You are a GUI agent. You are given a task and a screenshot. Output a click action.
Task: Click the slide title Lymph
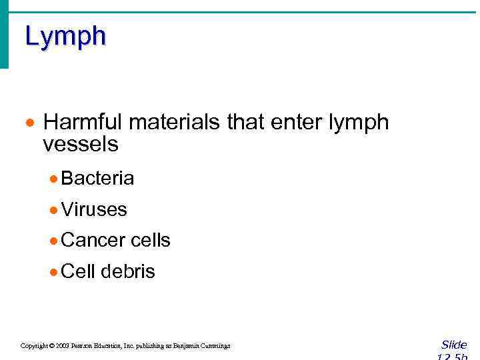click(x=65, y=37)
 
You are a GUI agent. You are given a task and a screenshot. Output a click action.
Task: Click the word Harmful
click(x=83, y=123)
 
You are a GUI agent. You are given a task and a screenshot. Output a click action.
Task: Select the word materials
click(x=175, y=123)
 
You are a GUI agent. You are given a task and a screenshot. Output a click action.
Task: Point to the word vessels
click(x=80, y=143)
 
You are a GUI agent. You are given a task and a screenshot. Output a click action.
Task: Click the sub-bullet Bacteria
click(x=97, y=178)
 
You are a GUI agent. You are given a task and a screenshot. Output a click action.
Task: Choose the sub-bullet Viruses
click(x=93, y=209)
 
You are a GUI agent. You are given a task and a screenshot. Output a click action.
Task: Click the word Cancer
click(x=93, y=240)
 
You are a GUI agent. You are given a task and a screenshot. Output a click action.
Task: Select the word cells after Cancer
click(x=151, y=240)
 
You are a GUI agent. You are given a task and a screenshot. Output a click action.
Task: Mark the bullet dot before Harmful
click(x=29, y=124)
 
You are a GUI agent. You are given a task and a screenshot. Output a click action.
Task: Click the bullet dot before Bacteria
click(x=53, y=179)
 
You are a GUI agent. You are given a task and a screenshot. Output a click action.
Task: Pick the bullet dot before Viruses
click(x=53, y=210)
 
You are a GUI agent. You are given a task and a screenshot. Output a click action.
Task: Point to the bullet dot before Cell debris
click(x=53, y=272)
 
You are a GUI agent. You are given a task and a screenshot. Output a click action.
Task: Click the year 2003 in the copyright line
click(x=63, y=346)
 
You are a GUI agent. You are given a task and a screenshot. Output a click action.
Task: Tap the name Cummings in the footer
click(x=215, y=346)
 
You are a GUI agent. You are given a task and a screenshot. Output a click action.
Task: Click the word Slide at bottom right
click(x=454, y=345)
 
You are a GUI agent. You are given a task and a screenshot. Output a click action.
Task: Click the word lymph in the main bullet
click(x=359, y=123)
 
